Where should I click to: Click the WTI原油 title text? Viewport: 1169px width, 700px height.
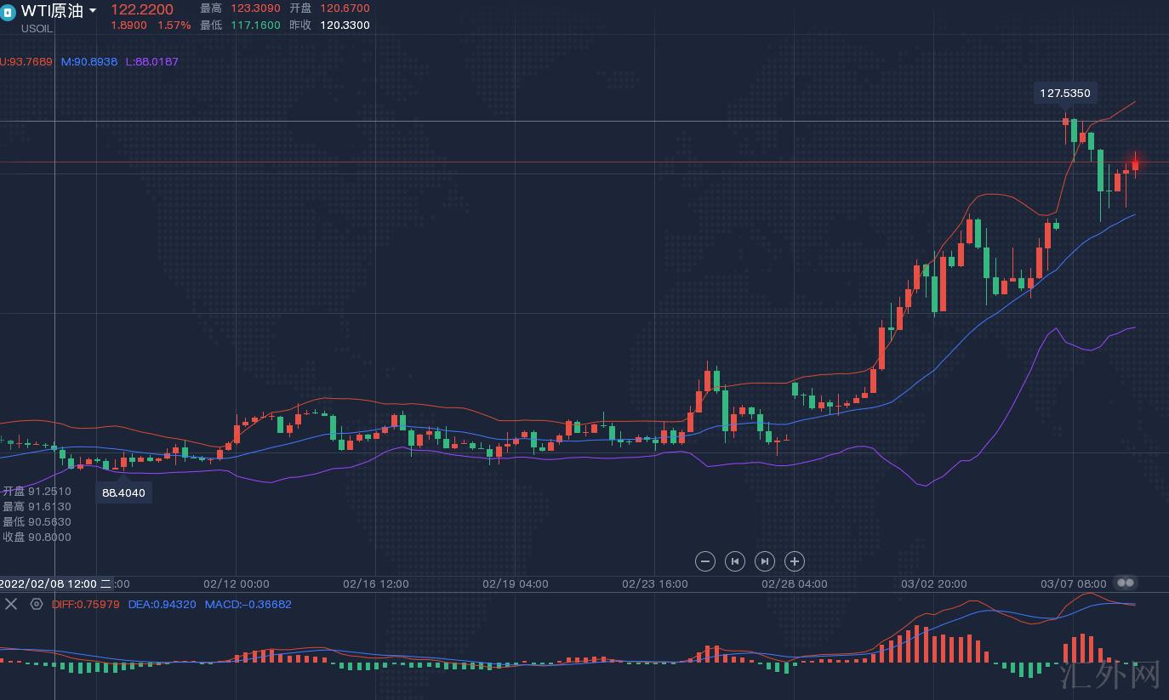[52, 10]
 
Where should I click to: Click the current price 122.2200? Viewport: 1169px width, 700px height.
[141, 9]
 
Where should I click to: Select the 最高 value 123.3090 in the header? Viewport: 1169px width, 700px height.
[258, 9]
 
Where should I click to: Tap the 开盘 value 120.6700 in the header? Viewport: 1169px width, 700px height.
[345, 9]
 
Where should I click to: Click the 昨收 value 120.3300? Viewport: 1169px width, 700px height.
[345, 26]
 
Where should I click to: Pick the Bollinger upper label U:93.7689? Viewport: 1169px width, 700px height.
[26, 61]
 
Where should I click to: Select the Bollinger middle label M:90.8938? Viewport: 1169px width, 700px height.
[89, 61]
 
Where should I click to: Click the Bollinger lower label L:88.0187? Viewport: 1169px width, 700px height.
[152, 61]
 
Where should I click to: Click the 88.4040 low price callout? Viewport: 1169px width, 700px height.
[123, 492]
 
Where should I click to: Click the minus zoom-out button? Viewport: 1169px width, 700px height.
[704, 561]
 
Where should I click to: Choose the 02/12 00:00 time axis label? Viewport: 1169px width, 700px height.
[237, 584]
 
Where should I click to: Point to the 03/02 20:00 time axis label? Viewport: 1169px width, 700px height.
[934, 584]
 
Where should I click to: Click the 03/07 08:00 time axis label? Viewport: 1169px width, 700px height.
[1074, 584]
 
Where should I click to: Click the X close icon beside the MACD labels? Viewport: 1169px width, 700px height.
[11, 604]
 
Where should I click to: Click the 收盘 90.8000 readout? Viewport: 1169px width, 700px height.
[37, 538]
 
